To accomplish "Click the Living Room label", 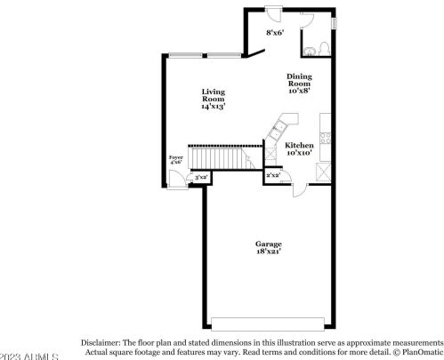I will tap(213, 92).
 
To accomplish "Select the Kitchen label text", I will tap(299, 144).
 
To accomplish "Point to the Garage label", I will tap(268, 244).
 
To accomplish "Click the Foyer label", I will tap(176, 157).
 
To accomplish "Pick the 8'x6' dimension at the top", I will tap(275, 34).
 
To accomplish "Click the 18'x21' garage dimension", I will tap(268, 252).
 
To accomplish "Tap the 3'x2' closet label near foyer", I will tap(201, 178).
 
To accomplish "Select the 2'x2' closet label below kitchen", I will tap(273, 175).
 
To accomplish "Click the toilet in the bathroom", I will tap(326, 47).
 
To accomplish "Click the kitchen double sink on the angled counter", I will tap(277, 131).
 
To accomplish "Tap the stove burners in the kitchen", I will tap(328, 138).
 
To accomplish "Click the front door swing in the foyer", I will tap(178, 175).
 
